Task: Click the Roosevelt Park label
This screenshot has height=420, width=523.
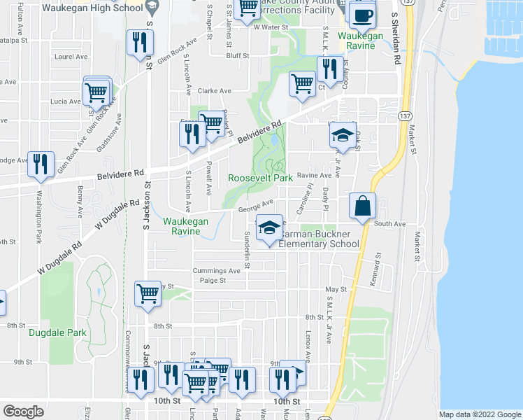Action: (260, 178)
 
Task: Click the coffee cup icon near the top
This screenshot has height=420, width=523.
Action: (361, 15)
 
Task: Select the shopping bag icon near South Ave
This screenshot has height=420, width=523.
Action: (363, 206)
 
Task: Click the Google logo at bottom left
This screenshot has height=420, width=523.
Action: (23, 411)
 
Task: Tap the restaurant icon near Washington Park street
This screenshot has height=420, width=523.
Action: (41, 164)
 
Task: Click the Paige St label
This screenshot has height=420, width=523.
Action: (213, 280)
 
